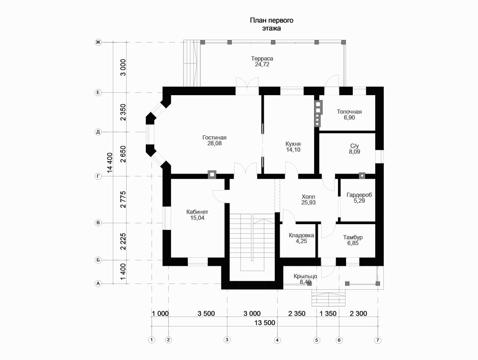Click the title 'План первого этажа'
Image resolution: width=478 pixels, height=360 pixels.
pyautogui.click(x=271, y=24)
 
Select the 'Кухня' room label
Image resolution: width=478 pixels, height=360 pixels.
pyautogui.click(x=293, y=143)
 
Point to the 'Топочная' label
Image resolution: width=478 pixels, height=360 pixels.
pyautogui.click(x=349, y=112)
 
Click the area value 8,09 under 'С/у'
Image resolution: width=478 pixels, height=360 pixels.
pyautogui.click(x=355, y=152)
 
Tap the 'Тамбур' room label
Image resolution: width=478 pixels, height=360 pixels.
pyautogui.click(x=353, y=237)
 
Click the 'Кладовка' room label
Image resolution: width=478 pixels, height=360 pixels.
pyautogui.click(x=301, y=235)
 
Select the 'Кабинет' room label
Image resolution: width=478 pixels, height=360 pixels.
pyautogui.click(x=197, y=212)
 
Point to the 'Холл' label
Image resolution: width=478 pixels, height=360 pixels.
pyautogui.click(x=308, y=196)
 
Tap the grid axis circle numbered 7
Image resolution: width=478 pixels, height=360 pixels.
pyautogui.click(x=378, y=340)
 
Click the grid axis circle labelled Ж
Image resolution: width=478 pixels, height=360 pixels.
pyautogui.click(x=98, y=43)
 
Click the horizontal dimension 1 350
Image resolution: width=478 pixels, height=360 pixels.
pyautogui.click(x=328, y=314)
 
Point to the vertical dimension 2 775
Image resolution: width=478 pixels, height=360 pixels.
pyautogui.click(x=123, y=199)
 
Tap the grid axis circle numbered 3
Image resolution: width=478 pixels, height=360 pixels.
pyautogui.click(x=227, y=340)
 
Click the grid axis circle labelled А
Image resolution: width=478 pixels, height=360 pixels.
pyautogui.click(x=98, y=284)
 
